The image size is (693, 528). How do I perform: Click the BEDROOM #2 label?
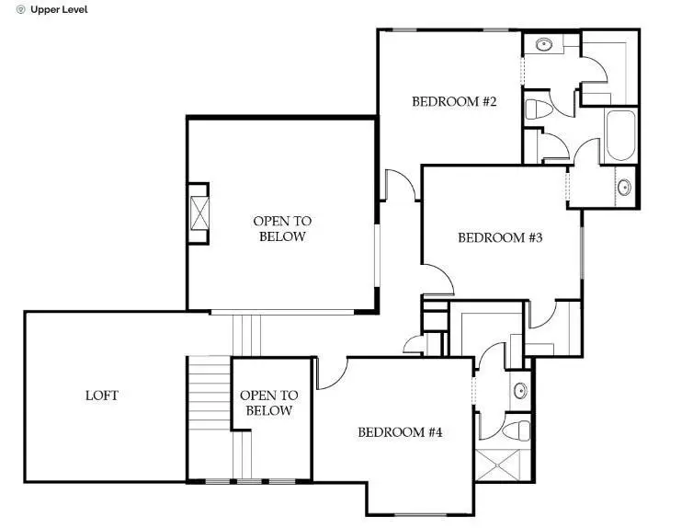(454, 101)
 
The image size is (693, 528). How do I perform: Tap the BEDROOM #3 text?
(500, 237)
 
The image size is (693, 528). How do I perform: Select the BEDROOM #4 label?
(400, 431)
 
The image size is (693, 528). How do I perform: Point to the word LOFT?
(102, 396)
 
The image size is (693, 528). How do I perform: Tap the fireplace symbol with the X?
(199, 212)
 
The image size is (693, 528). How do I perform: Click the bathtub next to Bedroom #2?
(621, 136)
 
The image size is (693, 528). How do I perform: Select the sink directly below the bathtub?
(624, 187)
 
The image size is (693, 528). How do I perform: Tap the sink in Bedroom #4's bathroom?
(519, 389)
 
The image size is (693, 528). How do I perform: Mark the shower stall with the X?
(504, 465)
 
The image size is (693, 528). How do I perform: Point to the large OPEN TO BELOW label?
(282, 228)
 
